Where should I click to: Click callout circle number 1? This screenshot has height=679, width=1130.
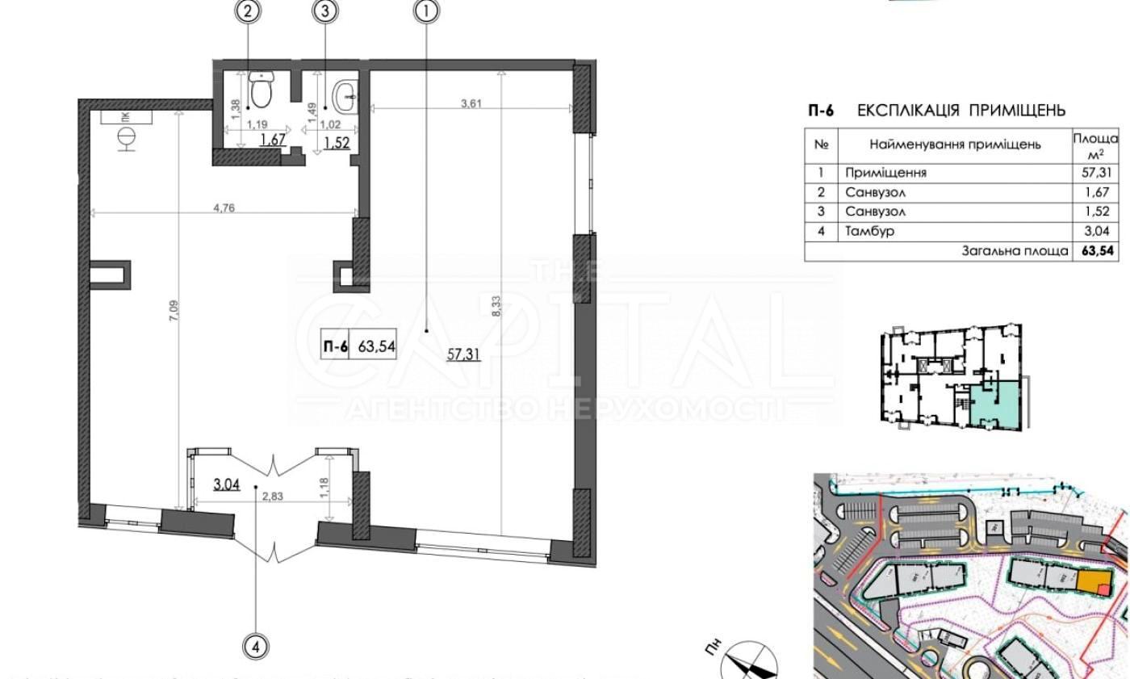426,10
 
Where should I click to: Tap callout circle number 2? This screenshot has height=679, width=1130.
249,10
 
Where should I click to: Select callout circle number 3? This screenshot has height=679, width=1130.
324,10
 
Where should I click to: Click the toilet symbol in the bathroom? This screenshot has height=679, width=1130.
261,90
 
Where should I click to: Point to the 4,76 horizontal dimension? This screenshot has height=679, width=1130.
224,207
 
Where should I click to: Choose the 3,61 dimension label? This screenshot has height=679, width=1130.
471,103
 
